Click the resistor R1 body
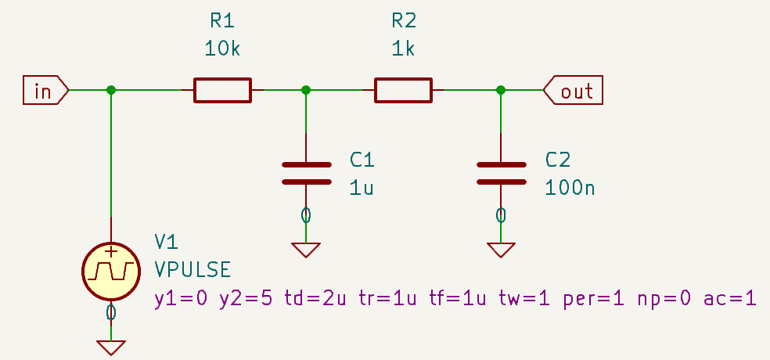(x=223, y=90)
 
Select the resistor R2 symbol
(x=403, y=90)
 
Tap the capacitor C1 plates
(x=306, y=173)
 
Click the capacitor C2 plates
(x=501, y=173)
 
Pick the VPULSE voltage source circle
(x=110, y=271)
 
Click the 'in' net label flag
(x=45, y=91)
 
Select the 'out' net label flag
(x=574, y=91)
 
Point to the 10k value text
(x=223, y=49)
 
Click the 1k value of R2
(x=403, y=49)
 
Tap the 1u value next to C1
(x=362, y=188)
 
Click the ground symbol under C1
(x=306, y=250)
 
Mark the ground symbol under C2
(x=501, y=250)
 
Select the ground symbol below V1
(x=110, y=347)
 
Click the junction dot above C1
(x=306, y=90)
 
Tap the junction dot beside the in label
(x=111, y=90)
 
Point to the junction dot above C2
(x=501, y=90)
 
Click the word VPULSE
(x=192, y=270)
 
